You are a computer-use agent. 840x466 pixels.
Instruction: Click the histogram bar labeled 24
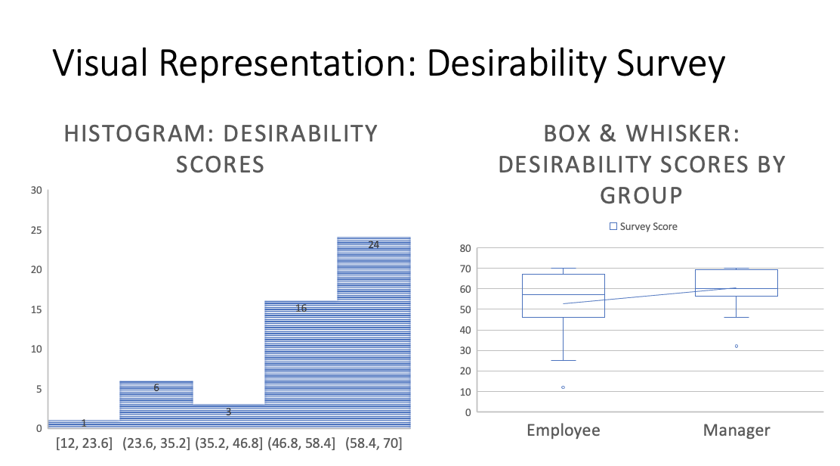374,333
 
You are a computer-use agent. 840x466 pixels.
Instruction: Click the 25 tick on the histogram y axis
36,230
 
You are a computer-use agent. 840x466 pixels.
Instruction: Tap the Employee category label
564,430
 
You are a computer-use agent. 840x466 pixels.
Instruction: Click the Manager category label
737,430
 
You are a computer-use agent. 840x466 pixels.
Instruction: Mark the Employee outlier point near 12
563,387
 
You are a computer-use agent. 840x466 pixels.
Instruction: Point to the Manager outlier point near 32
737,346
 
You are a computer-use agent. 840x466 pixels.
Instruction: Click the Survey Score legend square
613,226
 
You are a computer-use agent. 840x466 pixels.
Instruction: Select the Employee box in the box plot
564,295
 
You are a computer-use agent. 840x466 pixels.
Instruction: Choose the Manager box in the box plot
737,283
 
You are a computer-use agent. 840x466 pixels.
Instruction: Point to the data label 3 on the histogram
228,412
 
